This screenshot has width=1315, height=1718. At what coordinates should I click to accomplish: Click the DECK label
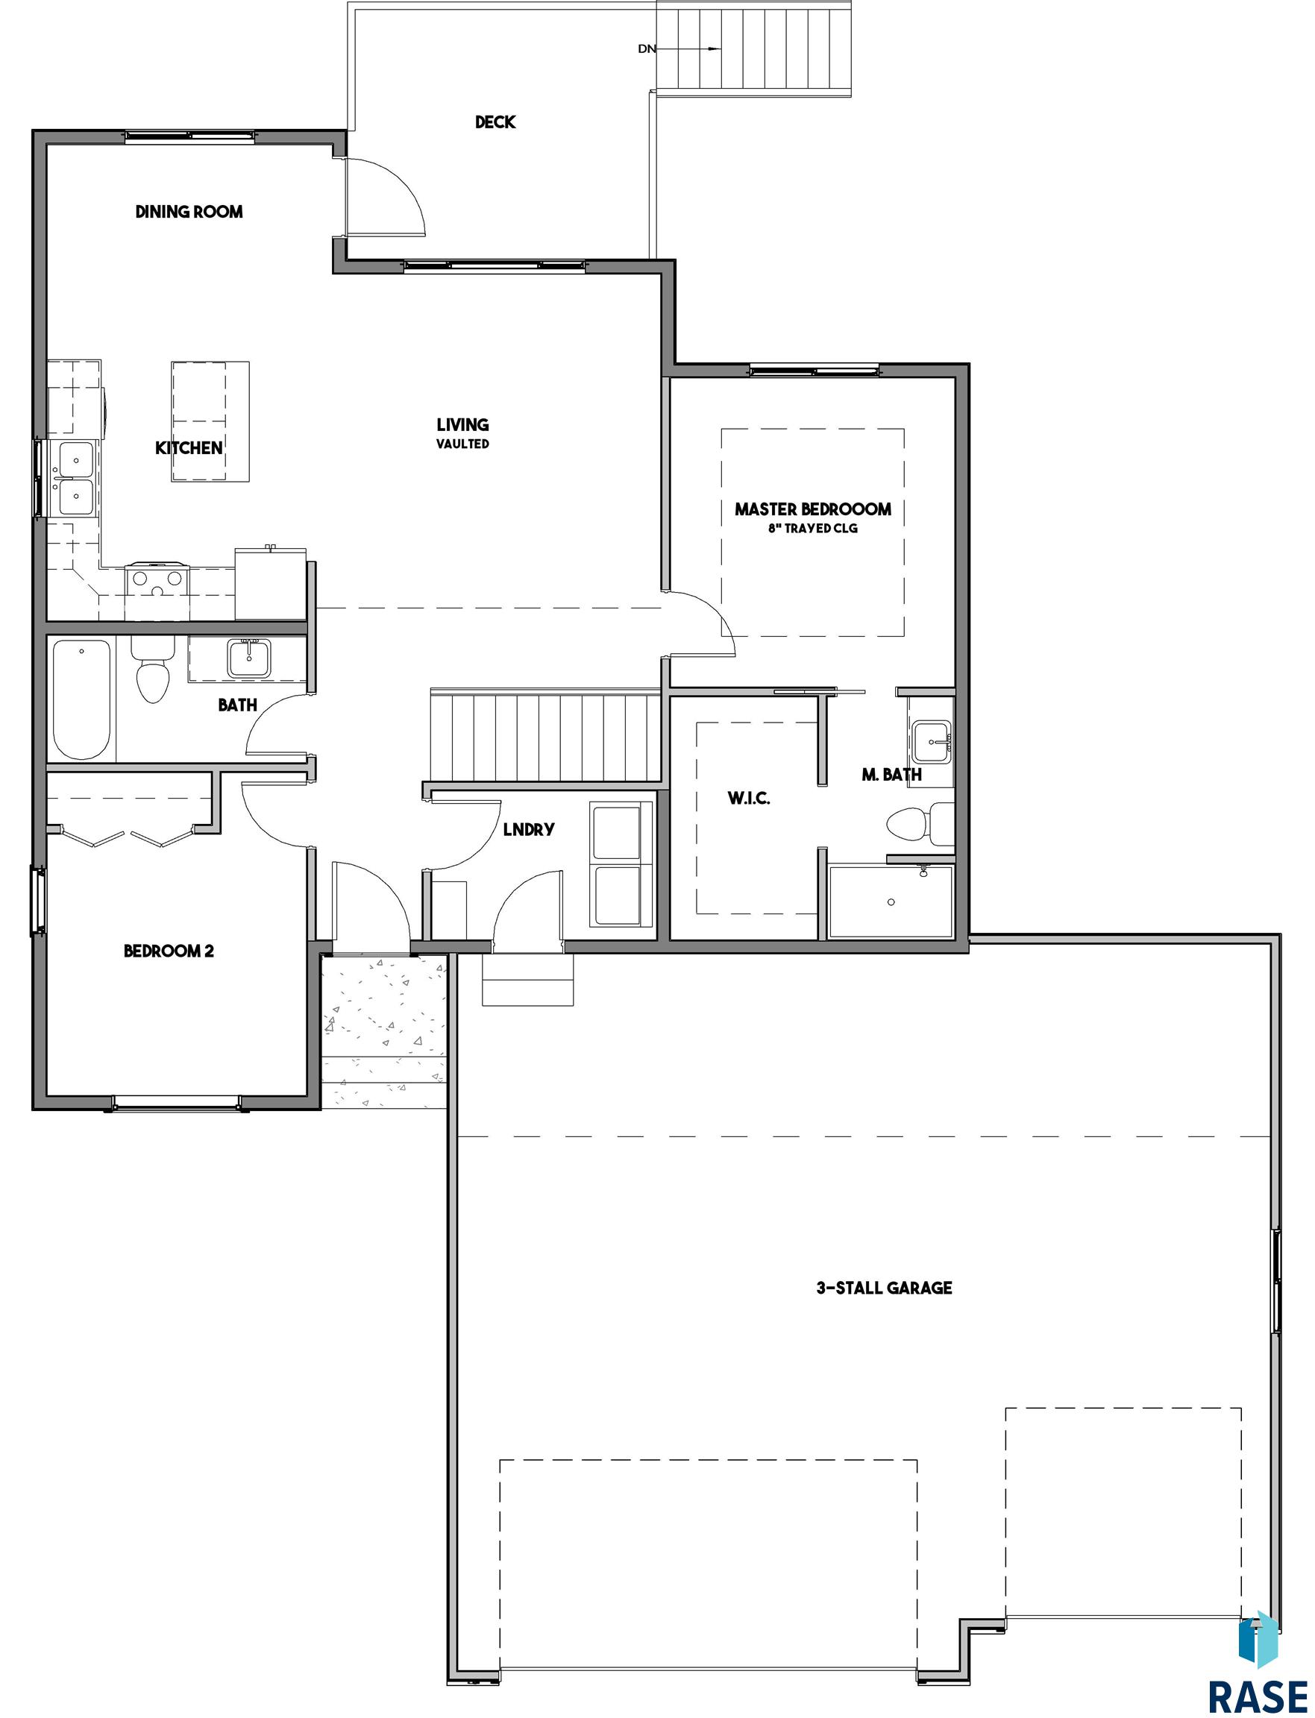pyautogui.click(x=495, y=122)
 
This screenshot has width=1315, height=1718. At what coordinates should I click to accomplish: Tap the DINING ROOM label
pyautogui.click(x=189, y=211)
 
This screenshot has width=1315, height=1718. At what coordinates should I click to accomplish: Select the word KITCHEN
pyautogui.click(x=189, y=447)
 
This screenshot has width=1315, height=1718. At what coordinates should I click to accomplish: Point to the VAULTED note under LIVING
pyautogui.click(x=462, y=444)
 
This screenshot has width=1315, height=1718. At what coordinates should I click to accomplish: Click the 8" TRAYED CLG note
pyautogui.click(x=812, y=528)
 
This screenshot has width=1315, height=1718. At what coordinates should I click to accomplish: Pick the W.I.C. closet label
pyautogui.click(x=748, y=799)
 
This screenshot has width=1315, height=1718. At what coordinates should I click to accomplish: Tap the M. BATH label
pyautogui.click(x=891, y=775)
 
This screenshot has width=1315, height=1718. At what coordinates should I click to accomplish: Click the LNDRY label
pyautogui.click(x=528, y=829)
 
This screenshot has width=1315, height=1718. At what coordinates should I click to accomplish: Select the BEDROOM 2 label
pyautogui.click(x=169, y=951)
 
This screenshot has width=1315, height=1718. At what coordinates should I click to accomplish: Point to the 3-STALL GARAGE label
pyautogui.click(x=885, y=1288)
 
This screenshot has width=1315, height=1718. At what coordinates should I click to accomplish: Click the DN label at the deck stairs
pyautogui.click(x=646, y=48)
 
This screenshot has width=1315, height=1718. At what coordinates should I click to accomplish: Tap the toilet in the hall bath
pyautogui.click(x=152, y=670)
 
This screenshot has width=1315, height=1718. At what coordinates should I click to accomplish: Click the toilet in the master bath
pyautogui.click(x=920, y=824)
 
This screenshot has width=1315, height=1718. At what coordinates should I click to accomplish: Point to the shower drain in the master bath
pyautogui.click(x=891, y=902)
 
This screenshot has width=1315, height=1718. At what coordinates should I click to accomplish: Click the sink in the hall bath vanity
pyautogui.click(x=249, y=658)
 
